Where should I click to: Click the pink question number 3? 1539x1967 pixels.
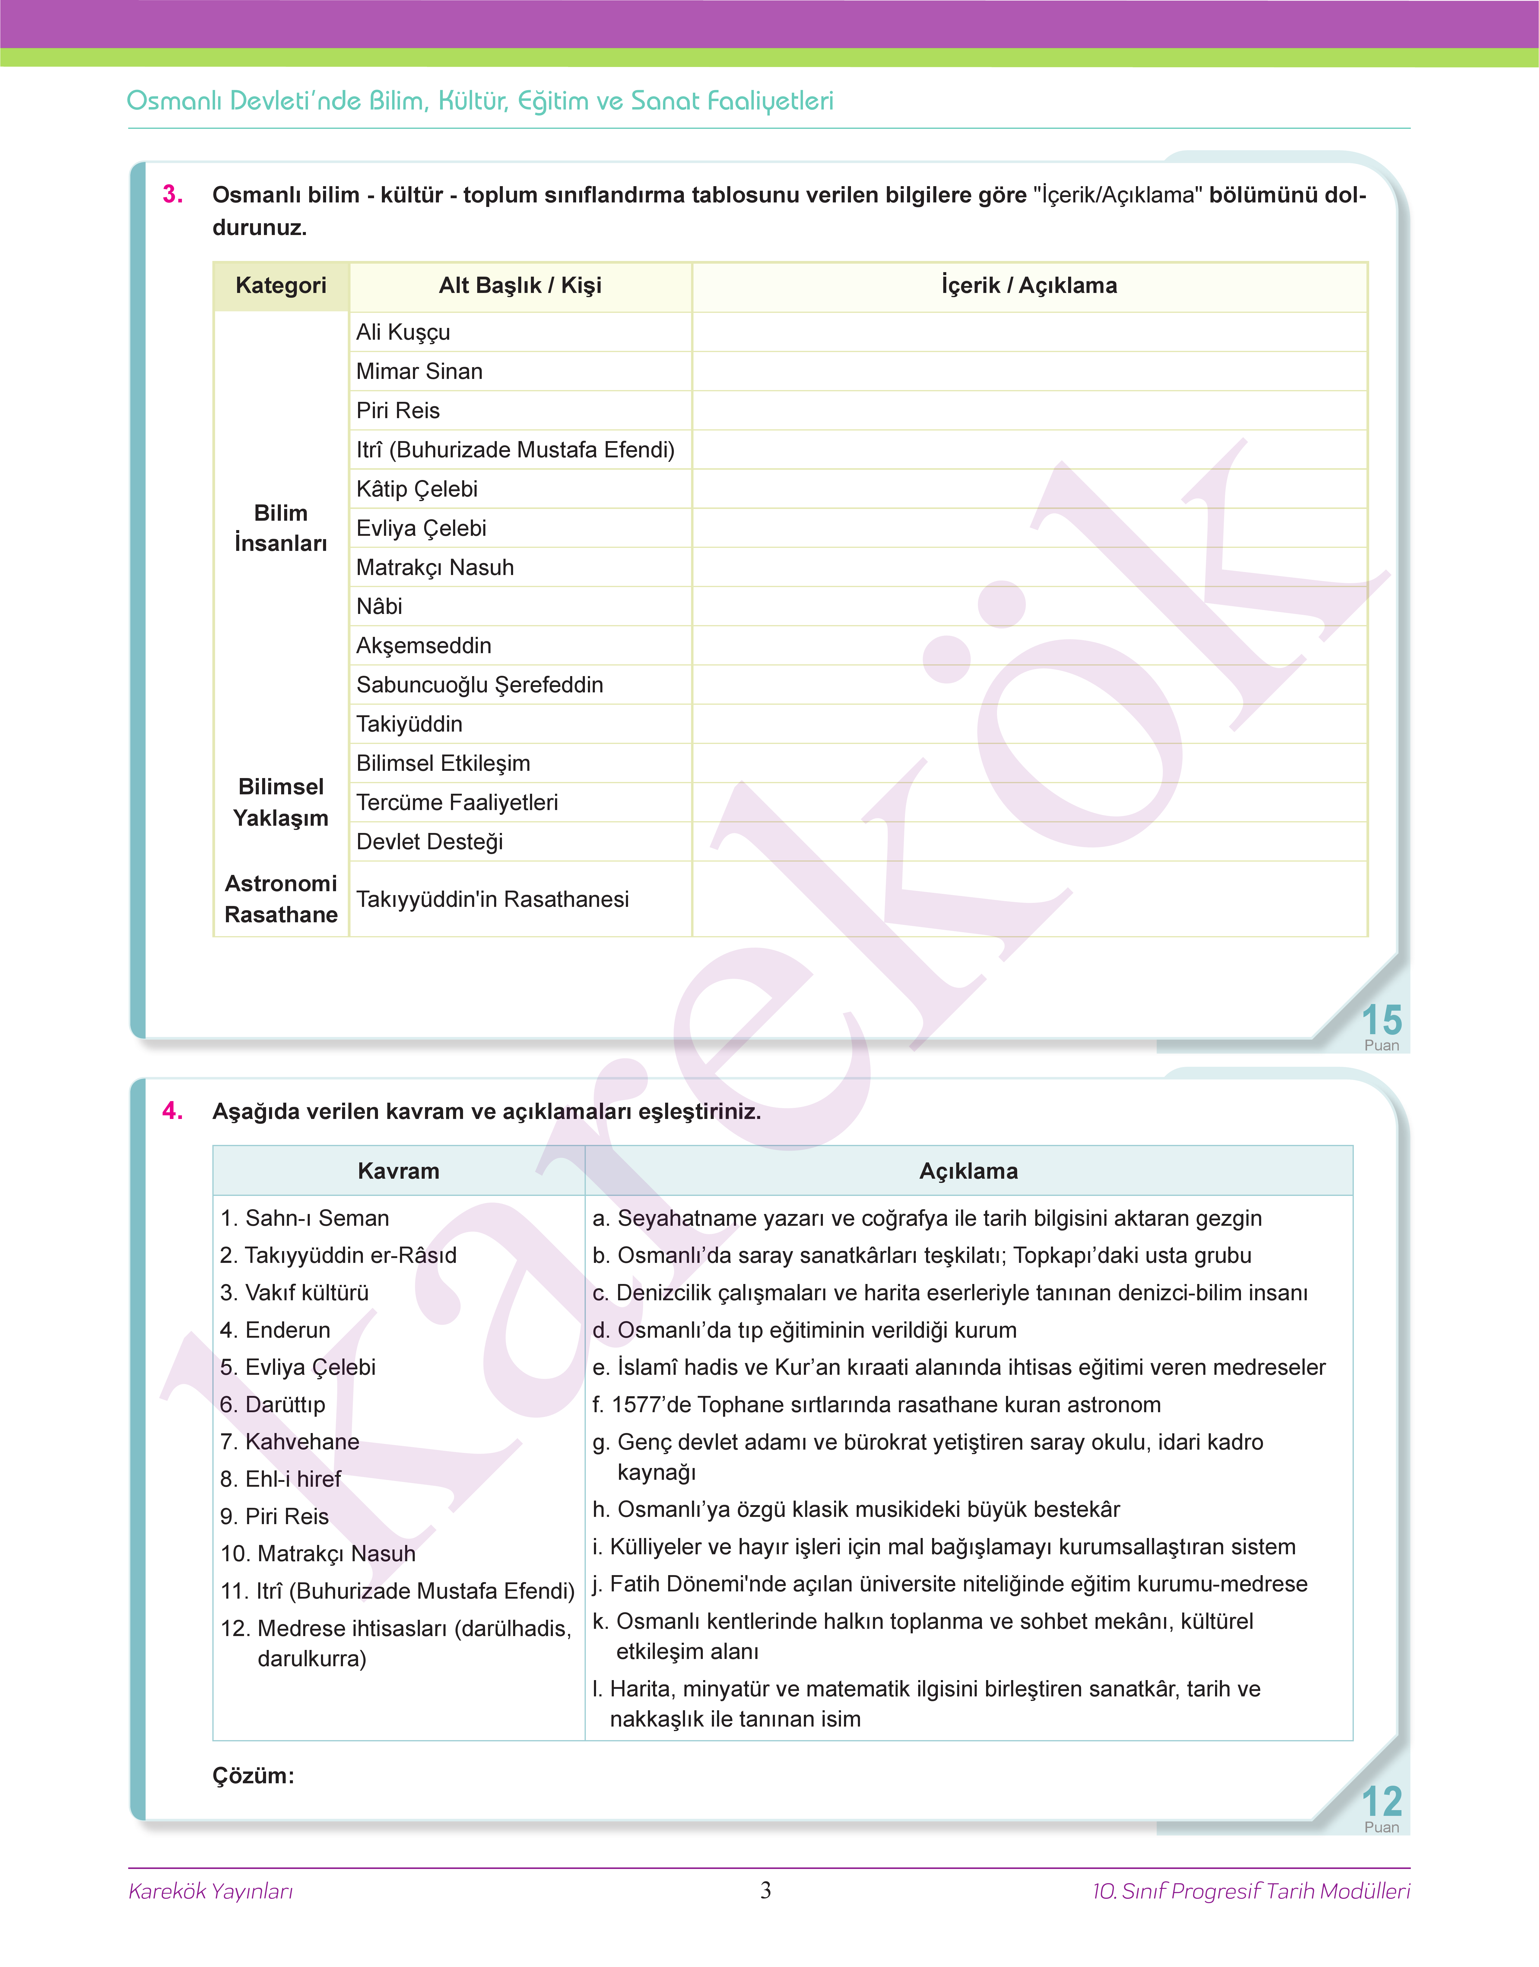click(x=172, y=195)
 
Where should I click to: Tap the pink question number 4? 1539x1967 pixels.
click(x=172, y=1111)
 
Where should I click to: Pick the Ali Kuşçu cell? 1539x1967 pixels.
click(x=403, y=332)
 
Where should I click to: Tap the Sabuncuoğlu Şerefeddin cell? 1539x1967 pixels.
click(x=479, y=685)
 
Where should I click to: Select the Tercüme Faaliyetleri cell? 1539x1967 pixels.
click(x=457, y=803)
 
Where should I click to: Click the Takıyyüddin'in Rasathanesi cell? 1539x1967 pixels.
click(x=492, y=899)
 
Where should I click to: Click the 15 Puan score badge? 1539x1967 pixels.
click(x=1380, y=1027)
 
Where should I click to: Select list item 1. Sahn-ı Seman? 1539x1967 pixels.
click(x=305, y=1218)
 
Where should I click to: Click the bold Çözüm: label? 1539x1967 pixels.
click(x=253, y=1775)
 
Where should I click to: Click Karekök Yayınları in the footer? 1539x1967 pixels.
click(x=211, y=1891)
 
